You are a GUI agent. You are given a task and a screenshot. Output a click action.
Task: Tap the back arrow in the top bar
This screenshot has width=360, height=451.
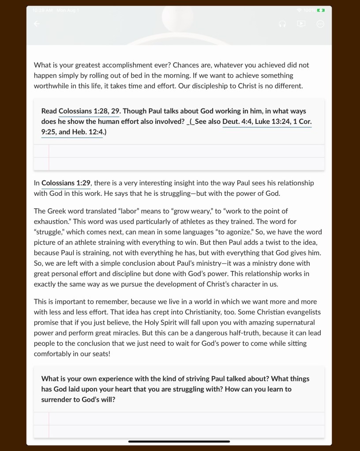(x=37, y=24)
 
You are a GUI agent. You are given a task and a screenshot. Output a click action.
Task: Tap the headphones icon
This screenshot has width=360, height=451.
(x=282, y=24)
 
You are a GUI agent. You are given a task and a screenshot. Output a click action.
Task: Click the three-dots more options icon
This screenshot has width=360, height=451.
(x=320, y=24)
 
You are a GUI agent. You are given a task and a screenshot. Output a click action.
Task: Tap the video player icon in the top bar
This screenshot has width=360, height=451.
(x=301, y=24)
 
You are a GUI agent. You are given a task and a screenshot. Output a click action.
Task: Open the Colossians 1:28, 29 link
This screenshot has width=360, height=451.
(x=90, y=111)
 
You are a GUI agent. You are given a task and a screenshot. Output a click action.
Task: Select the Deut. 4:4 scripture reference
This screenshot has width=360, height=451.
(x=237, y=121)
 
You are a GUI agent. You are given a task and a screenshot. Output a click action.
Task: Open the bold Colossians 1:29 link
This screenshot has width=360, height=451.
(x=66, y=183)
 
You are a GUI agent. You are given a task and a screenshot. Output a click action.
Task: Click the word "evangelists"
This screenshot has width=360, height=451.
(x=303, y=312)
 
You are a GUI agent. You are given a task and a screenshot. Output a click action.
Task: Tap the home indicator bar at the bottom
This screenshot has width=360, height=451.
(x=179, y=441)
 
